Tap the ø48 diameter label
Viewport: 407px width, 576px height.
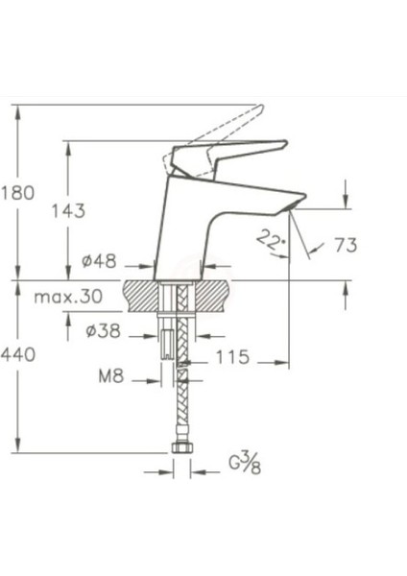click(x=99, y=261)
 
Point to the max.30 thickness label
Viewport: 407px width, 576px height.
click(x=68, y=297)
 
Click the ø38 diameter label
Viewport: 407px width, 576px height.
click(x=102, y=332)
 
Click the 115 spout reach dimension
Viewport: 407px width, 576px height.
click(x=233, y=357)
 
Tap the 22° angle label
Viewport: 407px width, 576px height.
click(x=273, y=240)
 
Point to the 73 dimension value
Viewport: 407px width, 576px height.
click(x=345, y=245)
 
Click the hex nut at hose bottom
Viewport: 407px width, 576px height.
click(x=181, y=449)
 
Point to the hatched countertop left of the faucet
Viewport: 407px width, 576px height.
click(x=143, y=292)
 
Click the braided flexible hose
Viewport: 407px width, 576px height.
click(x=181, y=403)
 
